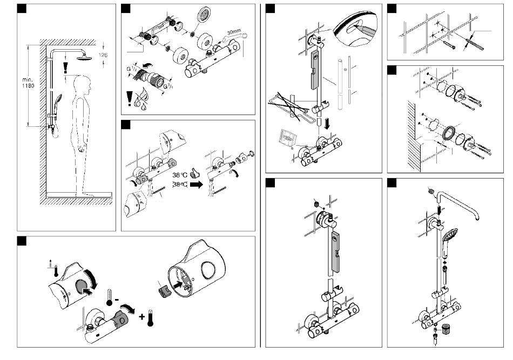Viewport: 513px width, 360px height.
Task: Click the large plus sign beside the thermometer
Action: pyautogui.click(x=144, y=316)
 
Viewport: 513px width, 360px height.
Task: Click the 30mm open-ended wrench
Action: pyautogui.click(x=238, y=37)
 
